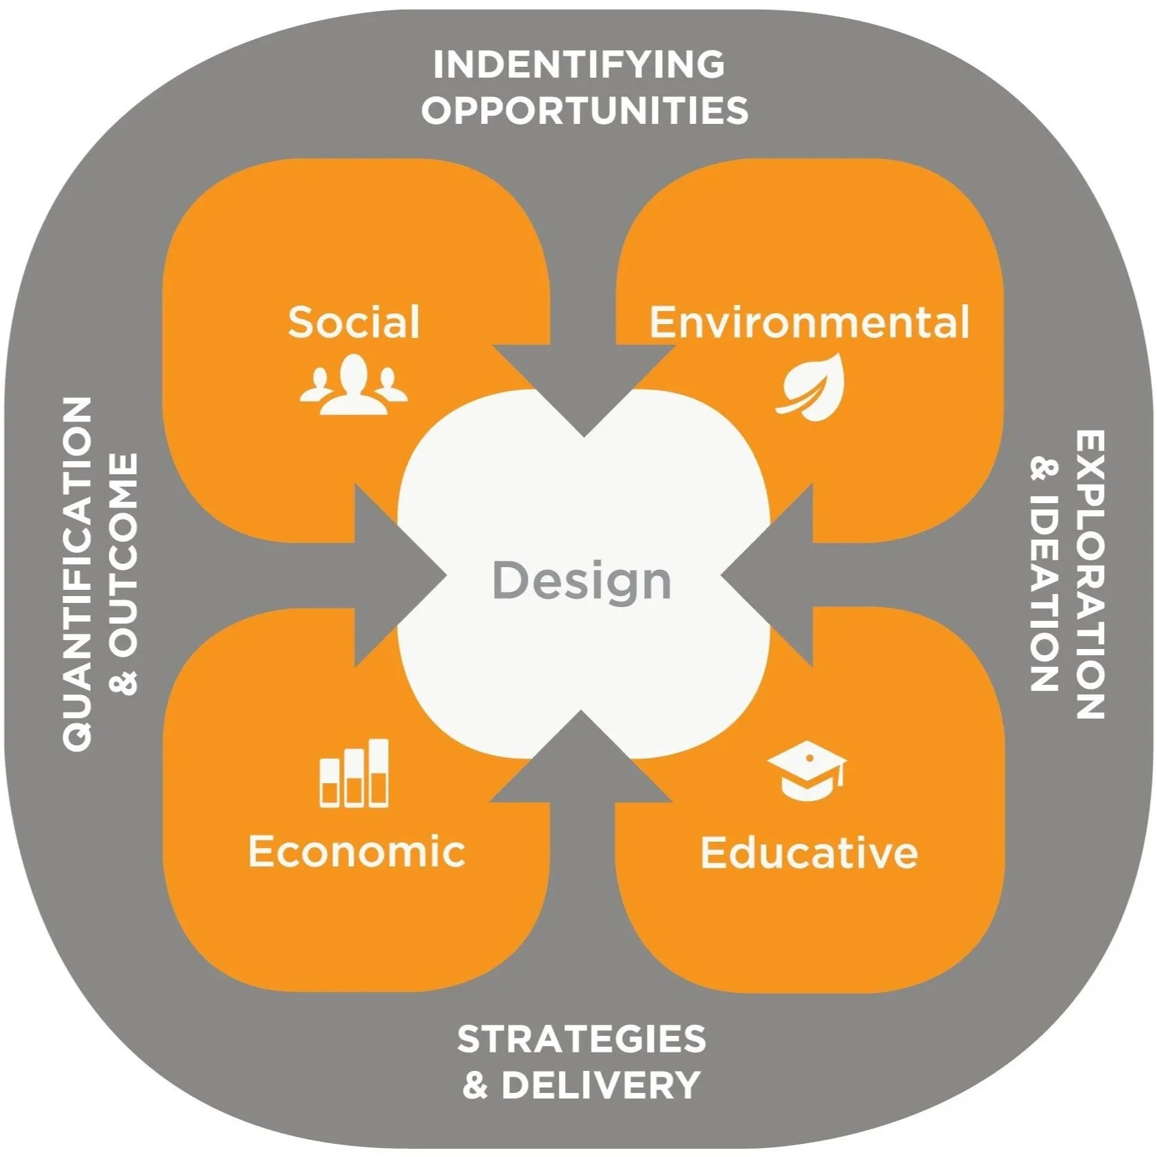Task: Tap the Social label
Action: [x=353, y=322]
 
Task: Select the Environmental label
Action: [x=809, y=322]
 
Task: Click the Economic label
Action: [x=357, y=851]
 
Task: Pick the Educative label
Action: [x=809, y=852]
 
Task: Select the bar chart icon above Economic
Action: [x=354, y=772]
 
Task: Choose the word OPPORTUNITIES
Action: [x=584, y=110]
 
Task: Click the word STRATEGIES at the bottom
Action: [x=582, y=1039]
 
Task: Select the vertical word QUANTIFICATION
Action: [x=77, y=573]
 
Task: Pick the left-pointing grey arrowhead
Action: [x=767, y=575]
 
